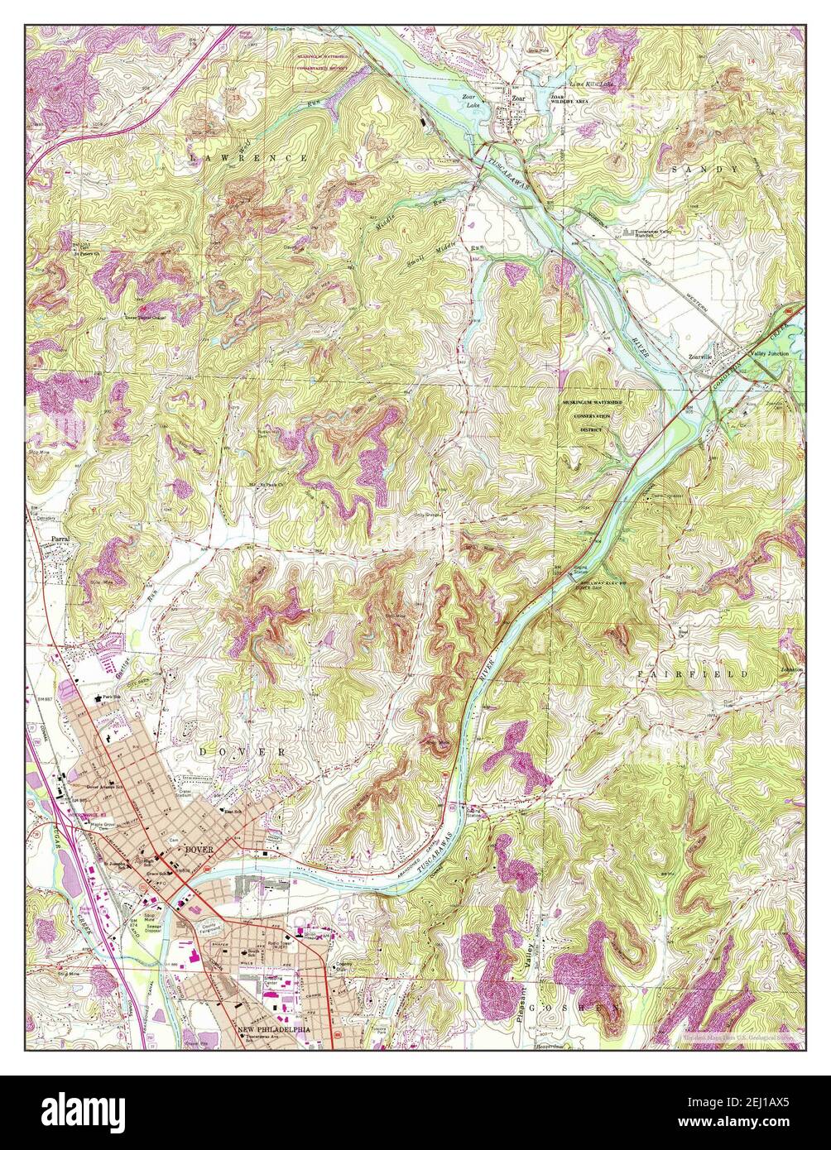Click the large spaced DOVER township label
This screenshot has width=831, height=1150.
[x=243, y=752]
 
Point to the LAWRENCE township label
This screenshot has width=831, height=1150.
[x=247, y=157]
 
